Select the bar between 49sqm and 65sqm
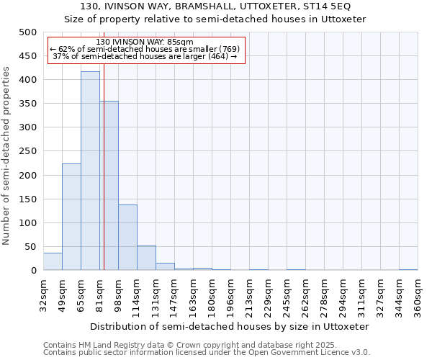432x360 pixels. pyautogui.click(x=71, y=217)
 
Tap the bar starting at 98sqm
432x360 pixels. pyautogui.click(x=127, y=238)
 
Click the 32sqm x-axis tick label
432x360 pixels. pyautogui.click(x=44, y=295)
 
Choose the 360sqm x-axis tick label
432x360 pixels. pyautogui.click(x=418, y=297)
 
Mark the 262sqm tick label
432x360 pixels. pyautogui.click(x=306, y=297)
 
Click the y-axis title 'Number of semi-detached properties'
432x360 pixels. pyautogui.click(x=6, y=156)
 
